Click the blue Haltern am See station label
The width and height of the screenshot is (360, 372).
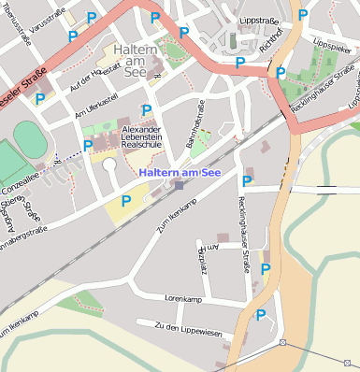[x=180, y=172]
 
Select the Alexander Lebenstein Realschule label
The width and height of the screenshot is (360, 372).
[x=143, y=137]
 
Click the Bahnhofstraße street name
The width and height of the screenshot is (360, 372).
[x=197, y=132]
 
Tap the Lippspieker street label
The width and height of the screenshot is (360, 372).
[x=332, y=44]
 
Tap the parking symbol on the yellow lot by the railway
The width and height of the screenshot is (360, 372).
[x=126, y=200]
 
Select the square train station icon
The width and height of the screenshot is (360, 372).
[x=179, y=185]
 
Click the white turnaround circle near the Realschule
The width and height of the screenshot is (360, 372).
[x=109, y=165]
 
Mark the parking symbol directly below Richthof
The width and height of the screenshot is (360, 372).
[x=280, y=72]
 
